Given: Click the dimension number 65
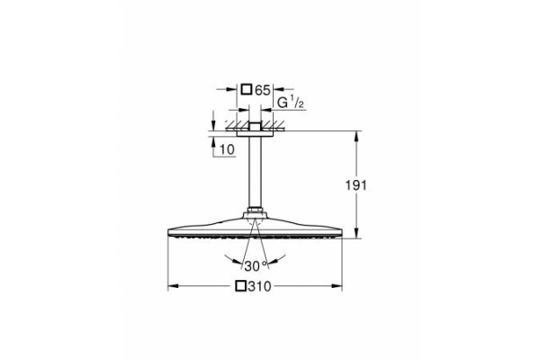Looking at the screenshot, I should point(263,90).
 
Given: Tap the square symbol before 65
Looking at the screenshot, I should point(247,90).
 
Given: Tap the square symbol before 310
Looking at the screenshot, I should point(240,287).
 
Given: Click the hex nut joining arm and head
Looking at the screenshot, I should point(255,213).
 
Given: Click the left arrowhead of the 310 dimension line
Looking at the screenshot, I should point(173,287).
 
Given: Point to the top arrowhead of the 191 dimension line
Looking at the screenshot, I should point(357,134).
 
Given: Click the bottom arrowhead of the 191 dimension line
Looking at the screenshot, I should point(357,238).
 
